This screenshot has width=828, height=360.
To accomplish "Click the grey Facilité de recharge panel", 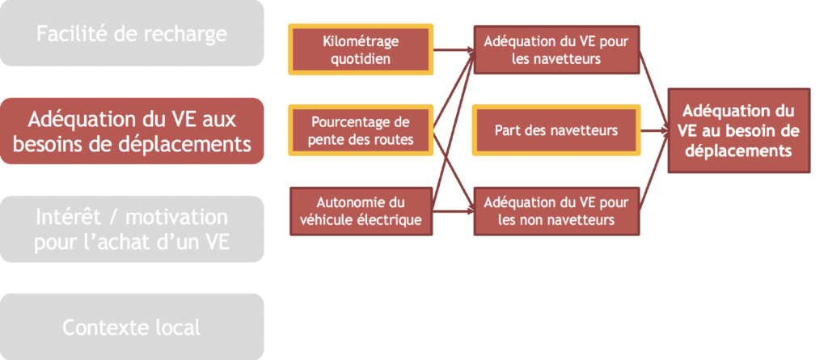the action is point(132,33).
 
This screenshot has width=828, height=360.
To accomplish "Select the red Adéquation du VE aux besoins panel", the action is point(132,130).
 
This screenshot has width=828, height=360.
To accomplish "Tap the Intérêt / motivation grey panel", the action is point(132,229).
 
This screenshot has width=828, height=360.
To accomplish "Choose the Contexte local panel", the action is point(132,327).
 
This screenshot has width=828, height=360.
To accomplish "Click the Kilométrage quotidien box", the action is point(361,49).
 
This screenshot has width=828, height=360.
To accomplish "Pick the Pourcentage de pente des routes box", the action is point(361,130).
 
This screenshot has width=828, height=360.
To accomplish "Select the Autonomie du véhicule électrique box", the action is point(361,211).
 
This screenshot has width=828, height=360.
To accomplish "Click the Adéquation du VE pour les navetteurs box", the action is point(556,49).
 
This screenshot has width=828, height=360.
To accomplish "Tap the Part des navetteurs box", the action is point(556,130).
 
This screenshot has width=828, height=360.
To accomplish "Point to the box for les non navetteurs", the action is point(556,211).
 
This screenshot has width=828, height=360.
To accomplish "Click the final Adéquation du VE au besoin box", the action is point(739,130).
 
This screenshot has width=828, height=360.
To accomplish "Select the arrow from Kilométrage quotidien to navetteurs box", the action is point(454,50).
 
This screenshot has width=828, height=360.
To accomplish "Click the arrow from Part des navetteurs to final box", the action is point(653,130).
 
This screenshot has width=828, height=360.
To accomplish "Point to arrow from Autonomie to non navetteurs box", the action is point(454,211).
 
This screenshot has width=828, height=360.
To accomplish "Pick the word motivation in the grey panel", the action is point(177,218).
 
